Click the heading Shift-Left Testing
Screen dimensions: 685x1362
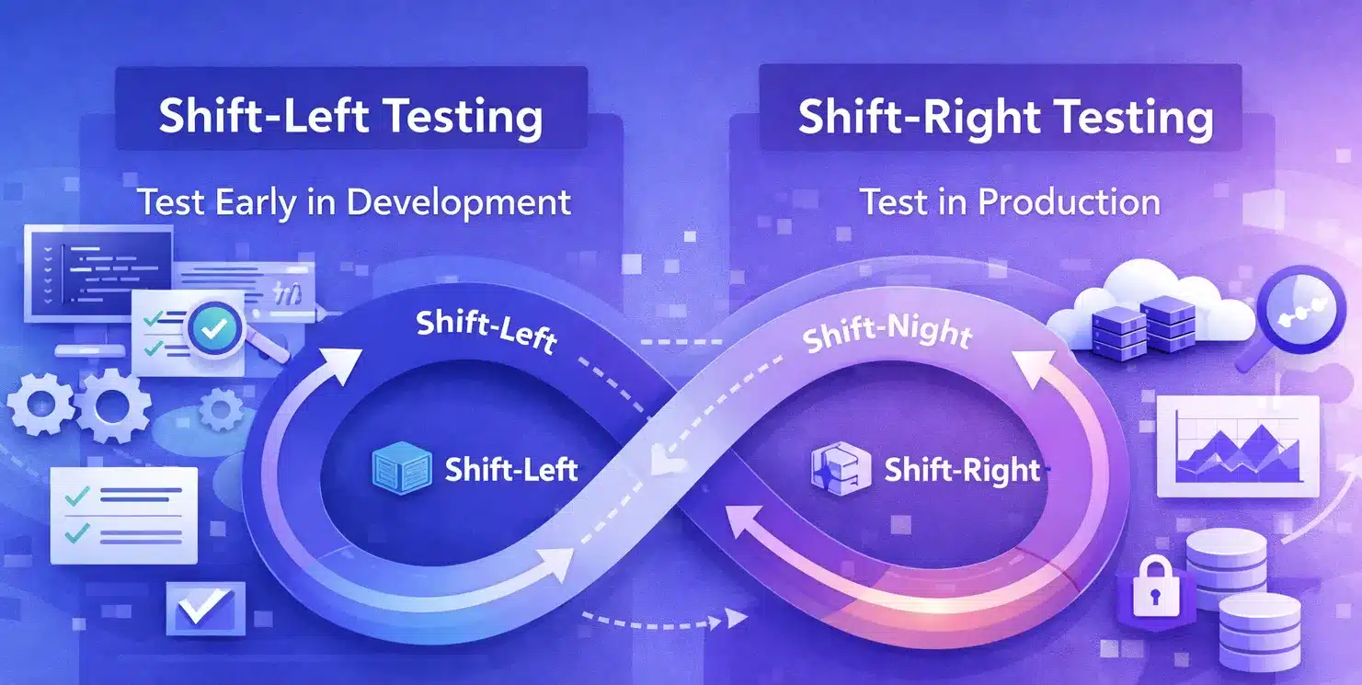(x=350, y=118)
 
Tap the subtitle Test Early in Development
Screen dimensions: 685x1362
(x=354, y=201)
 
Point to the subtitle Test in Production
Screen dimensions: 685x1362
(x=1010, y=201)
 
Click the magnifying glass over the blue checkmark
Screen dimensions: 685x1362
(x=212, y=326)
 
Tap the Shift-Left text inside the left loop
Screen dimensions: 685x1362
(x=511, y=470)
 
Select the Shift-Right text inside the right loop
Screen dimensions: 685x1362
(x=962, y=470)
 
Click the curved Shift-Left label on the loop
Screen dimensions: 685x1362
(x=486, y=331)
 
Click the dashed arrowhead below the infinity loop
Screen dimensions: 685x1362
(x=736, y=617)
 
